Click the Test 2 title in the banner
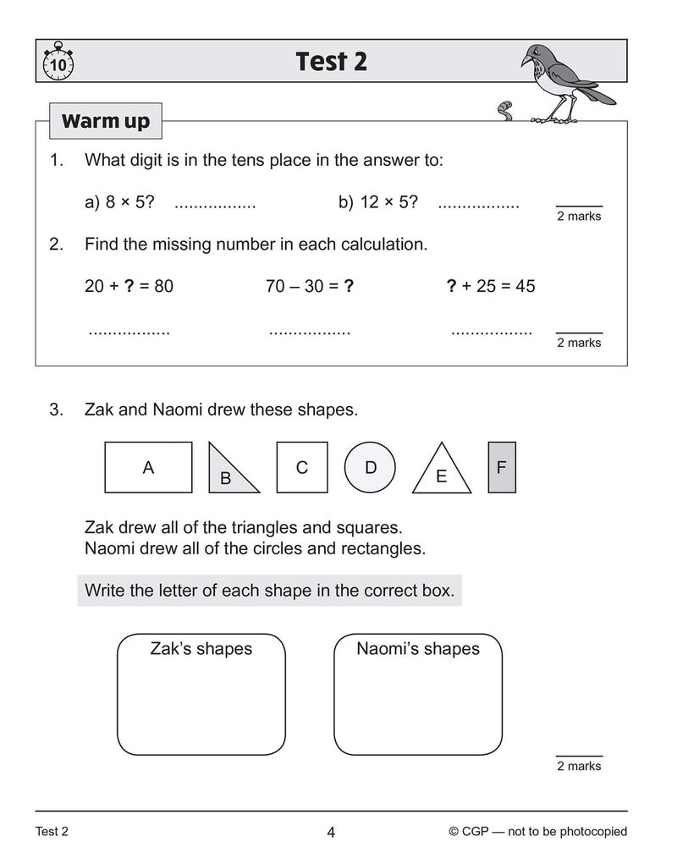coord(331,62)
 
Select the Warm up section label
coord(105,121)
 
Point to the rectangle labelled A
coord(148,467)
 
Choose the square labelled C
coord(301,467)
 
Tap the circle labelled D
coord(370,467)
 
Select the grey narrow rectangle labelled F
coord(502,467)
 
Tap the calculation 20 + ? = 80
coord(129,286)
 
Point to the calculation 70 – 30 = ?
coord(309,286)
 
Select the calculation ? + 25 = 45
coord(491,286)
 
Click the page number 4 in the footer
coord(331,833)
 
